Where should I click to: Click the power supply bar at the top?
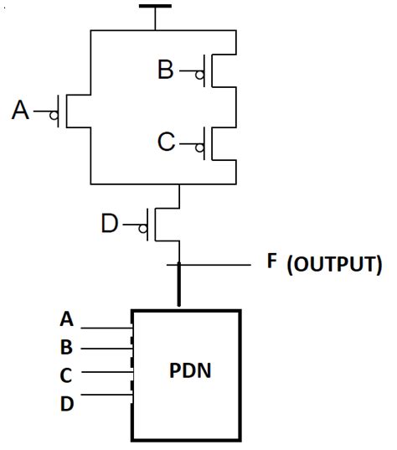tap(155, 6)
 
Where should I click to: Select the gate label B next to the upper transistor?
tap(167, 70)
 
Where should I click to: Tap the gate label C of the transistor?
tap(167, 142)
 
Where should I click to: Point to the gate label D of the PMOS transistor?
tap(110, 224)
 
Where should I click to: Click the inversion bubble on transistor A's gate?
tap(54, 116)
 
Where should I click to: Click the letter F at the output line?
tap(272, 261)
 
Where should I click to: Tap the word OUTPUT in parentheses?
tap(334, 266)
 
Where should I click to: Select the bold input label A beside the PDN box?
tap(66, 318)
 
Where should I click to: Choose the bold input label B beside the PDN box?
tap(66, 347)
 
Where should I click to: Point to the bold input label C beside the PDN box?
tap(66, 375)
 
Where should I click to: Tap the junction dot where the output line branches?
tap(179, 266)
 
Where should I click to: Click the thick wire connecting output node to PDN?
tap(179, 289)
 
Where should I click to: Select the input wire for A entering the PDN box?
tap(107, 328)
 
